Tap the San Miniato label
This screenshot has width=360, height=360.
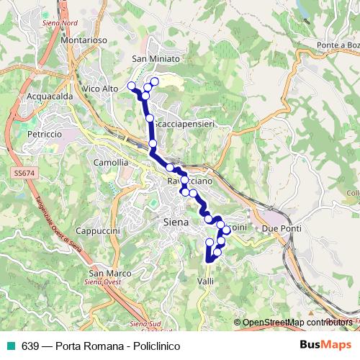(x=155, y=58)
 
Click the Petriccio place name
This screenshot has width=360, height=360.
(x=44, y=134)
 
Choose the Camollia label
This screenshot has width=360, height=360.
(x=111, y=163)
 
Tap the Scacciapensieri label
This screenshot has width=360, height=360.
(x=185, y=124)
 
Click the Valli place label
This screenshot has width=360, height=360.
(x=205, y=282)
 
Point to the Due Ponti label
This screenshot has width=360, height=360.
(x=279, y=228)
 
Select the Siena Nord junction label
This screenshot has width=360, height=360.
(x=60, y=23)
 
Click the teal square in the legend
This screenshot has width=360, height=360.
(x=9, y=346)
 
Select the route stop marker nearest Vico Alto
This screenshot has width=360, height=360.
(x=131, y=86)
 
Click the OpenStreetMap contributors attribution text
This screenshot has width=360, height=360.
(x=297, y=323)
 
